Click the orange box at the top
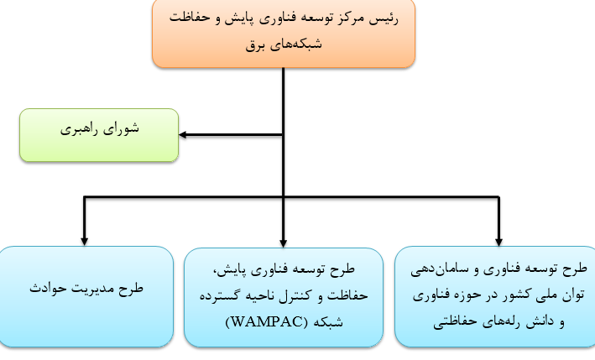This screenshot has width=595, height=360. point(284,34)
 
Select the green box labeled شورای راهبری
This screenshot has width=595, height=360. point(99,135)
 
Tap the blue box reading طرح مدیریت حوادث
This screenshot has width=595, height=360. point(86,297)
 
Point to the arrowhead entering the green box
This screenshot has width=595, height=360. point(182,134)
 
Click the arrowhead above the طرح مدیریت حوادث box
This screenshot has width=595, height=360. point(84,242)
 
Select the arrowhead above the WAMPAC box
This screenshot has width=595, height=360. point(283,243)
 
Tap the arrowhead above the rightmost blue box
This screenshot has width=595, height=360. point(498,242)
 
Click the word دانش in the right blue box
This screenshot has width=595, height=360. point(540,321)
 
